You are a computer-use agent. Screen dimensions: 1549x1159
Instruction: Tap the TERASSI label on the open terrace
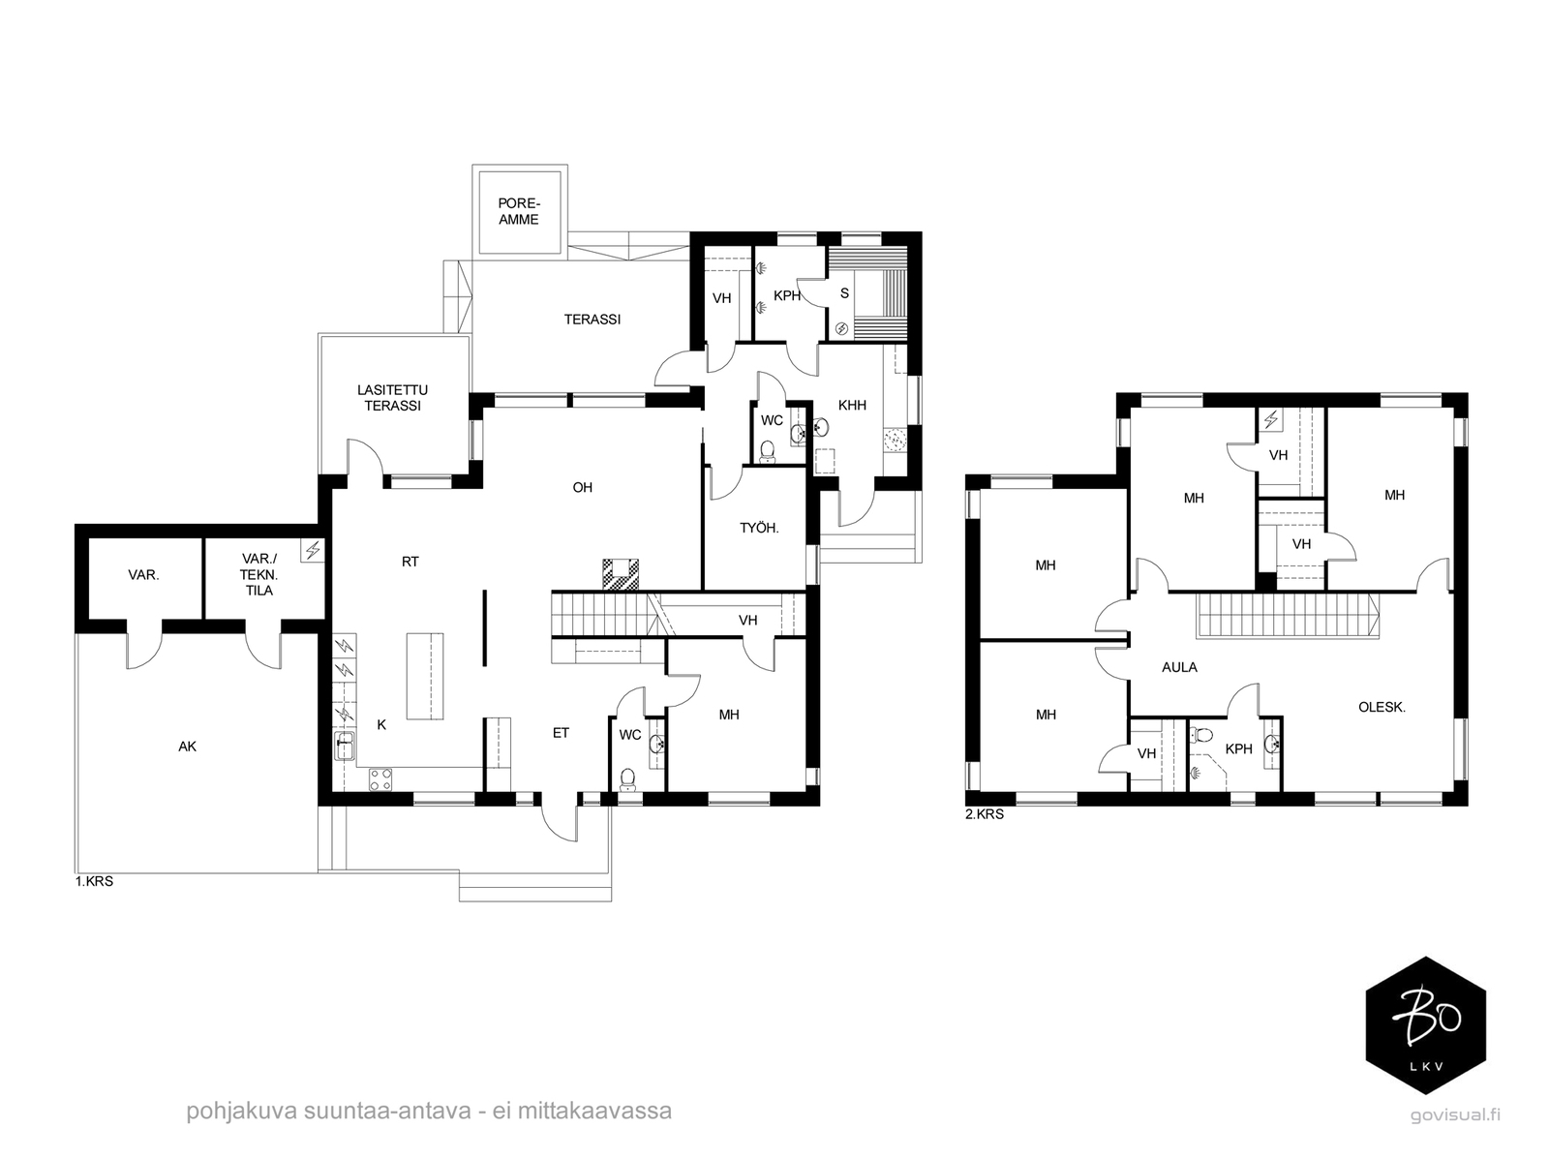point(592,320)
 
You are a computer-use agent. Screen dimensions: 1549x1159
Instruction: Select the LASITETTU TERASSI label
point(392,398)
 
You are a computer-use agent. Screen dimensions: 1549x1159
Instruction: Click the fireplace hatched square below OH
point(621,574)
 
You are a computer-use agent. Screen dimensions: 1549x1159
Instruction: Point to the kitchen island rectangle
point(425,676)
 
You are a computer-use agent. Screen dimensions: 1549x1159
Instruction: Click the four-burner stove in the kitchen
point(380,780)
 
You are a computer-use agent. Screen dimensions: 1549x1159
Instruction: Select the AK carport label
point(187,747)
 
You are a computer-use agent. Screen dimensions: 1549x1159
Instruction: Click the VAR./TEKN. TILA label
point(259,574)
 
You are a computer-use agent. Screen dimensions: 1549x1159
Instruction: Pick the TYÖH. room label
point(759,528)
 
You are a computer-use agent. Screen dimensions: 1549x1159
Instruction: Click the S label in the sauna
point(844,293)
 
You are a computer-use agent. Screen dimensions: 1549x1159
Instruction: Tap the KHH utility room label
point(852,405)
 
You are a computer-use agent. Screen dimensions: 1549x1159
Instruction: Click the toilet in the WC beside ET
point(627,779)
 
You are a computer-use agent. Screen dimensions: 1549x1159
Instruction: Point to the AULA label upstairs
point(1179,667)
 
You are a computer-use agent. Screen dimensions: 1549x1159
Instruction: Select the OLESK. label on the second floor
point(1382,707)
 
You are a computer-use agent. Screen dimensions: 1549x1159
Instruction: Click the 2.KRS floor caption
point(985,814)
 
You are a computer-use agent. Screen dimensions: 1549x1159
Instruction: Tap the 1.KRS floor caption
point(94,882)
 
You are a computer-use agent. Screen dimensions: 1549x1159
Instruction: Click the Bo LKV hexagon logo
point(1426,1024)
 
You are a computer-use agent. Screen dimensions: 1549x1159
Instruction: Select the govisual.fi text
point(1455,1114)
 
